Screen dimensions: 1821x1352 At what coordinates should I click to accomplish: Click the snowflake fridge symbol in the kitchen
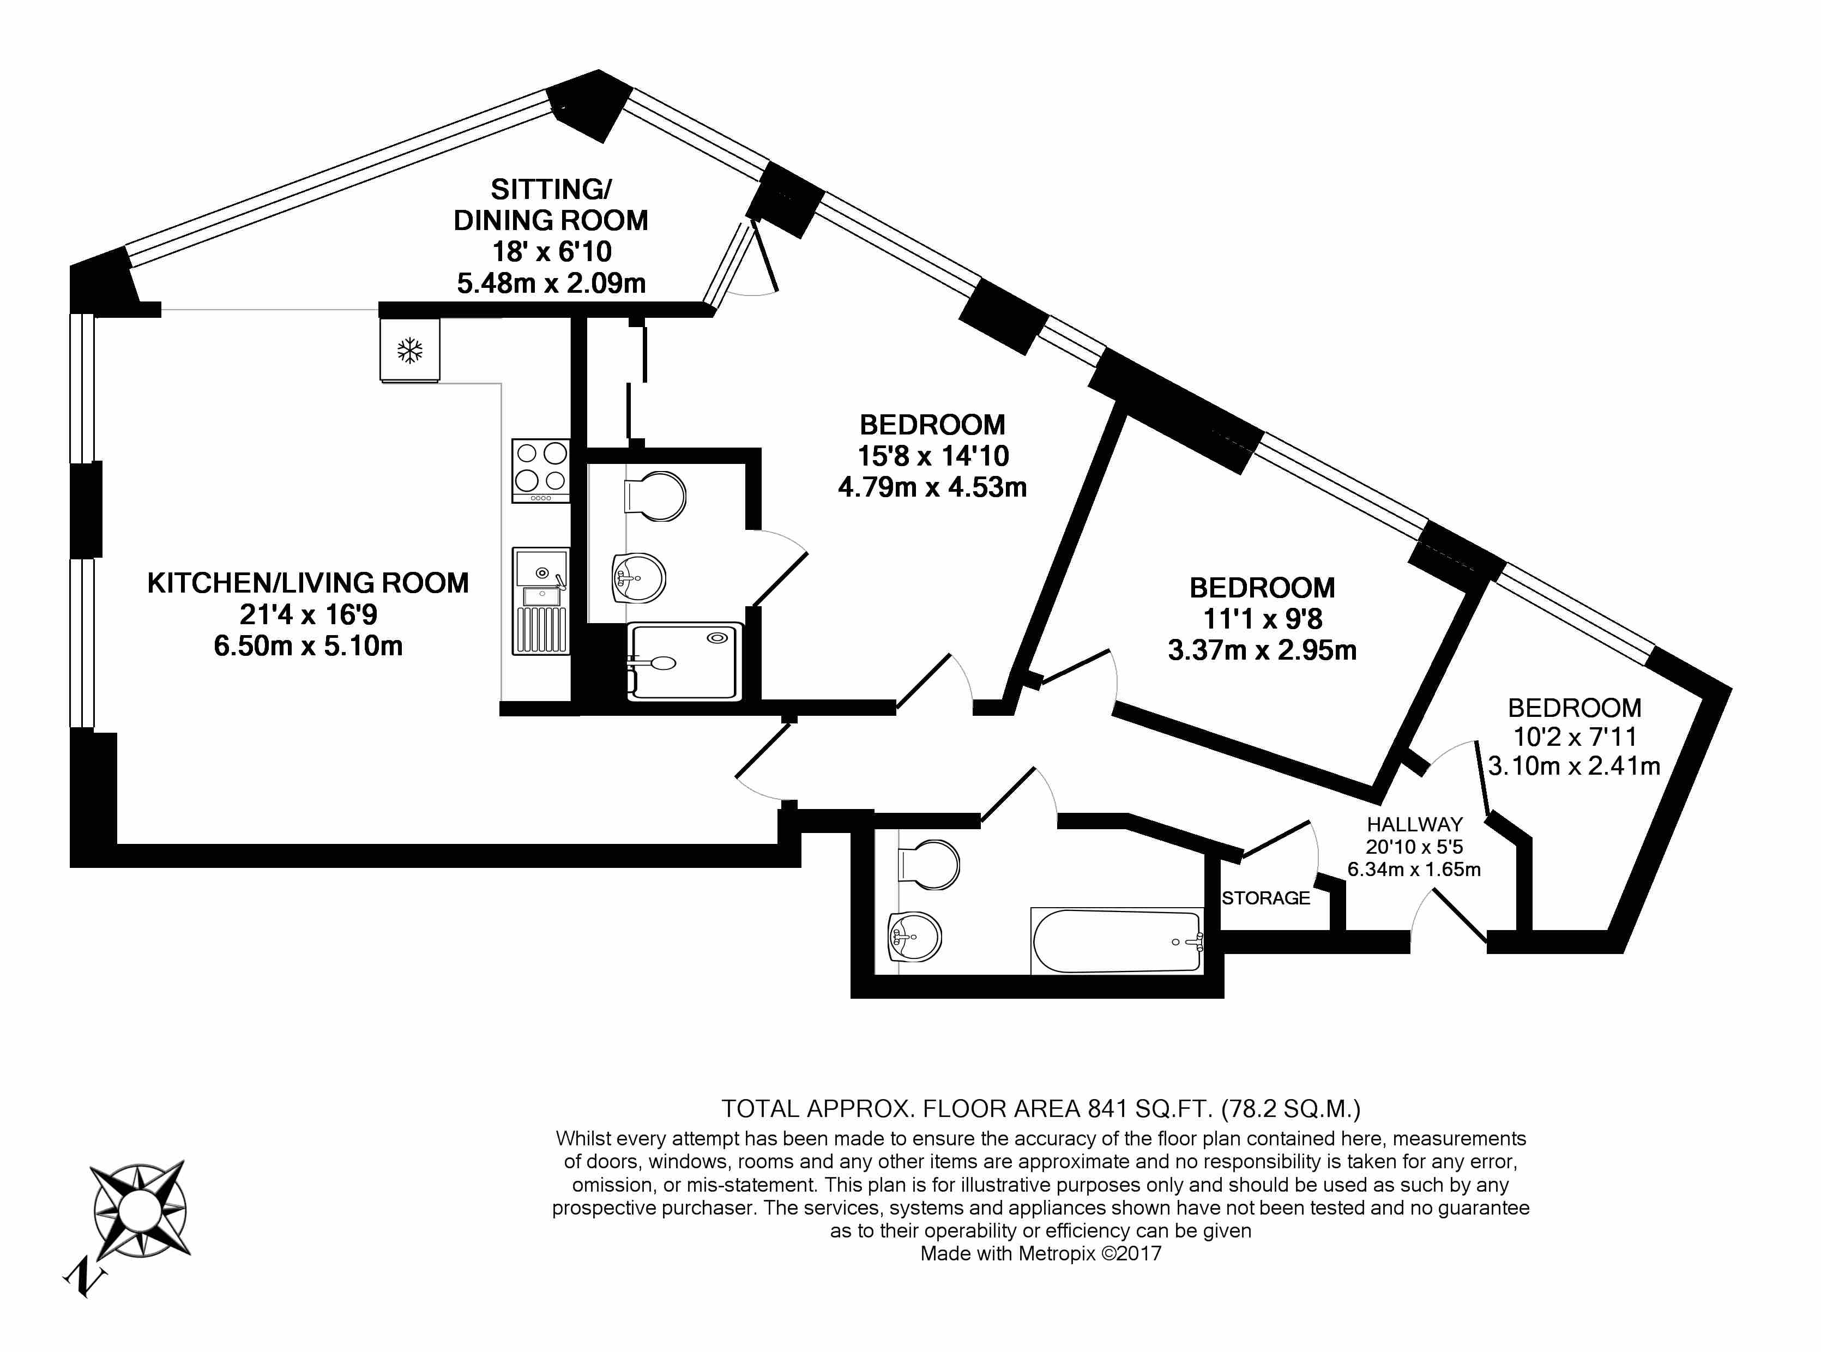410,351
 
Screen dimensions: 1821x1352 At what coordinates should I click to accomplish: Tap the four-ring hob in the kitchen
541,470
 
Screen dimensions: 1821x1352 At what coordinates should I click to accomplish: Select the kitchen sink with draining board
540,601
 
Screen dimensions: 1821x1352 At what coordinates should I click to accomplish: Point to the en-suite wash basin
638,578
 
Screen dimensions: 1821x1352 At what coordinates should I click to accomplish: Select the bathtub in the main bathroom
1117,940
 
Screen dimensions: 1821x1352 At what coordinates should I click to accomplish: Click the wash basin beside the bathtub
915,937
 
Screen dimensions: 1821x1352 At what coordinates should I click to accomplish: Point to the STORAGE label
1265,898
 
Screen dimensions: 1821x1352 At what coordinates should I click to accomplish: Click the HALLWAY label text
1414,824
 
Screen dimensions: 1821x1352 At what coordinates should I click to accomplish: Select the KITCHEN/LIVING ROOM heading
307,583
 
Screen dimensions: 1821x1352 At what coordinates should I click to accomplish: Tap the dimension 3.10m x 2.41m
1574,766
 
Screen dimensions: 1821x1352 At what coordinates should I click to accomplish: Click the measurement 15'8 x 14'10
933,456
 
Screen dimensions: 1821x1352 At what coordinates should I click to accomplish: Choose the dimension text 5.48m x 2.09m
551,283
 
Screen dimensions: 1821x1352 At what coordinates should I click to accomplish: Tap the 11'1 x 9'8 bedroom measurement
1262,619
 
